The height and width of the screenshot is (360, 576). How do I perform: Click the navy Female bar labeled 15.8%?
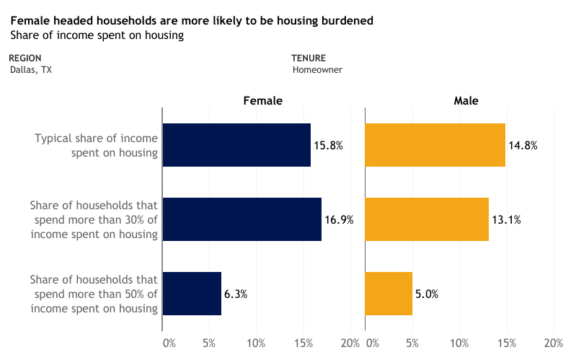pyautogui.click(x=236, y=145)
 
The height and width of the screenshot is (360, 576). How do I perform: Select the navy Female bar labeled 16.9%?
pyautogui.click(x=242, y=219)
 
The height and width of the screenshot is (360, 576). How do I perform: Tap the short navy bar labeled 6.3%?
pyautogui.click(x=192, y=294)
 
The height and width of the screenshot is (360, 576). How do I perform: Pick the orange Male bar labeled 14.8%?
pyautogui.click(x=435, y=145)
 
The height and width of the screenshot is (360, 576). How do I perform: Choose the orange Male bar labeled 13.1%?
pyautogui.click(x=427, y=219)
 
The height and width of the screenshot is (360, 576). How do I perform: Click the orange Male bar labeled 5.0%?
pyautogui.click(x=389, y=294)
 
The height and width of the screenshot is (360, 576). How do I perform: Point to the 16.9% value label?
pyautogui.click(x=339, y=220)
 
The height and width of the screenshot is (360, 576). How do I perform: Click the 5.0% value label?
pyautogui.click(x=427, y=294)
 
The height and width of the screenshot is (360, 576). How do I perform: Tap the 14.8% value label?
pyautogui.click(x=523, y=146)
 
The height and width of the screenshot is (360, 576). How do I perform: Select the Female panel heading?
pyautogui.click(x=262, y=102)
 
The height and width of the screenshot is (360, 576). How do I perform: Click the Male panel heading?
pyautogui.click(x=466, y=102)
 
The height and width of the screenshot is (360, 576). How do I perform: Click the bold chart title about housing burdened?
pyautogui.click(x=192, y=21)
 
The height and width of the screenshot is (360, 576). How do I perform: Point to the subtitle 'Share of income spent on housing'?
pyautogui.click(x=97, y=35)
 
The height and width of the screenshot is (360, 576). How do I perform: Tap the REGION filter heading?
pyautogui.click(x=25, y=58)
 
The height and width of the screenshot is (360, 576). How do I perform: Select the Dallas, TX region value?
pyautogui.click(x=31, y=70)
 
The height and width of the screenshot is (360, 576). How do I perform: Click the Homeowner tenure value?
pyautogui.click(x=317, y=70)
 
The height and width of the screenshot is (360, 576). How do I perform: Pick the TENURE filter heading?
pyautogui.click(x=309, y=58)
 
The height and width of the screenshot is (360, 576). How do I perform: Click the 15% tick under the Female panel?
pyautogui.click(x=303, y=343)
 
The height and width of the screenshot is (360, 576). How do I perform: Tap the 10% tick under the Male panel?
pyautogui.click(x=459, y=343)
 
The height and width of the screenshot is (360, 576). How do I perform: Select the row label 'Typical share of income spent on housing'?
pyautogui.click(x=96, y=145)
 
